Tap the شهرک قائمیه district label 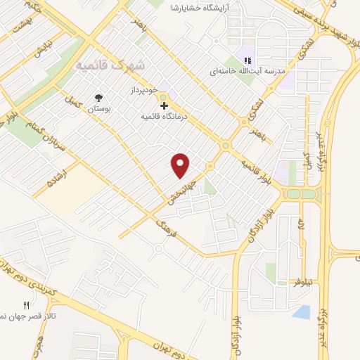[112, 65]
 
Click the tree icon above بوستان [97, 98]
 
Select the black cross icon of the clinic [165, 106]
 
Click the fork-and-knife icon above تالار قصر [27, 305]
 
